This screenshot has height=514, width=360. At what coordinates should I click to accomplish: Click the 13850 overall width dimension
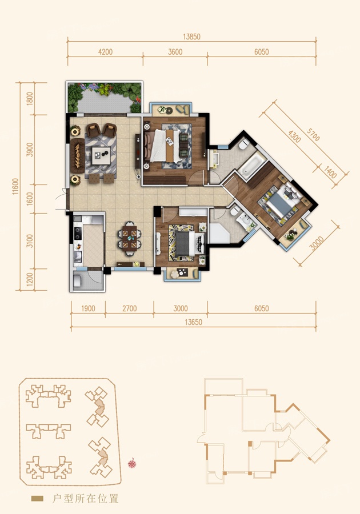(x=191, y=37)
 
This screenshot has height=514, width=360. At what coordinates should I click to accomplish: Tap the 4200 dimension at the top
(x=105, y=52)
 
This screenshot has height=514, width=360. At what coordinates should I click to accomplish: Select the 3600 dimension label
(x=175, y=52)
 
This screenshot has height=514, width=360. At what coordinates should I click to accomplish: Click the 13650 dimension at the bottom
(x=194, y=322)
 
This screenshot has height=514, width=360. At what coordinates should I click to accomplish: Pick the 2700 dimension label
(x=130, y=308)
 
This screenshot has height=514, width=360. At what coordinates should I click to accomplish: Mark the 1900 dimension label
(x=88, y=308)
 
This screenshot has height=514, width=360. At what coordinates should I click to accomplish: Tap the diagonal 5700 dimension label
(x=313, y=134)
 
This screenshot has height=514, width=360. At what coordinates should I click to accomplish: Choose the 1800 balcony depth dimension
(x=30, y=99)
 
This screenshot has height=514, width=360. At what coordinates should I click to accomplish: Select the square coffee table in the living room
(x=101, y=155)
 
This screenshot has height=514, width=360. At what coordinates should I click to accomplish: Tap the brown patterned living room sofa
(x=78, y=155)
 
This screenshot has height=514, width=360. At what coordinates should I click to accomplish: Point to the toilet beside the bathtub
(x=244, y=144)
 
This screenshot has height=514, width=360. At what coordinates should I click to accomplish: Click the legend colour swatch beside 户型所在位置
(x=37, y=499)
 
